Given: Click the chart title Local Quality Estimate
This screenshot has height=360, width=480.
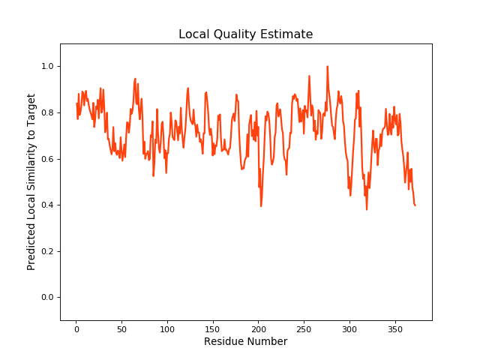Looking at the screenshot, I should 245,34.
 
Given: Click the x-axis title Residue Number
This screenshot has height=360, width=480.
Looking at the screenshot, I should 245,342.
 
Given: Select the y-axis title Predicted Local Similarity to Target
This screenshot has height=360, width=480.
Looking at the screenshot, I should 31,182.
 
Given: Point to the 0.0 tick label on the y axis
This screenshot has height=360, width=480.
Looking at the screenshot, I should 46,298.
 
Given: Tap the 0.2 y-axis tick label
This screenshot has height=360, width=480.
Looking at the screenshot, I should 46,251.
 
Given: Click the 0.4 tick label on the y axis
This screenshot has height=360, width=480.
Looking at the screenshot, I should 46,205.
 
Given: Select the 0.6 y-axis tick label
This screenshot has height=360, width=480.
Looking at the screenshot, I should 46,159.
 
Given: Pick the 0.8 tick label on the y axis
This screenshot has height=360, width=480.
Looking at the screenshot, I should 46,113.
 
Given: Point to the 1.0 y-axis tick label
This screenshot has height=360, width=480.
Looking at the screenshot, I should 46,67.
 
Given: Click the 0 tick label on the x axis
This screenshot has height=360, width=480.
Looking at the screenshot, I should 76,328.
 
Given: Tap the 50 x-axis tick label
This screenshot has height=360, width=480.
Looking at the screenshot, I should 122,328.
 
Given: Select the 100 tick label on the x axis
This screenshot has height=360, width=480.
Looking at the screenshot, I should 167,328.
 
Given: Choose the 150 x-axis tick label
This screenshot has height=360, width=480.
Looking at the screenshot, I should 213,328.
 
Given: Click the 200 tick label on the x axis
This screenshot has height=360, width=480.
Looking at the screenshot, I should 259,328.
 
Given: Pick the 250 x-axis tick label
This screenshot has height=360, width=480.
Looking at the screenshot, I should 304,328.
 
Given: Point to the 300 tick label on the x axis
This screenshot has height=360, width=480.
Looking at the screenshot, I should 349,328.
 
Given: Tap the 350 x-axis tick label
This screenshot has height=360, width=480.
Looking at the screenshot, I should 395,328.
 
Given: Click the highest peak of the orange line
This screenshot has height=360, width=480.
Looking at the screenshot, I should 327,66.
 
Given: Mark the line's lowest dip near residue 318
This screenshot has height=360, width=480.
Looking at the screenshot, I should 367,209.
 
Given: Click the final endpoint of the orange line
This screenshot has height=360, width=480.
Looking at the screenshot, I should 415,205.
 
